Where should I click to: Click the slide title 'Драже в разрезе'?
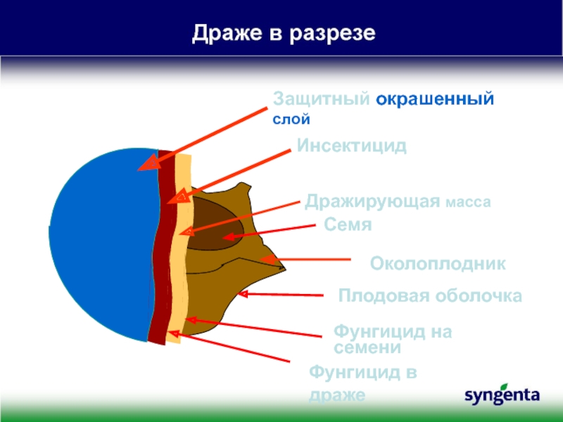(284, 34)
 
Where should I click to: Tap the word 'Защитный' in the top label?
(322, 98)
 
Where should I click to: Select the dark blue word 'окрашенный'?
(435, 99)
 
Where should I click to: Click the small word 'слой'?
(291, 119)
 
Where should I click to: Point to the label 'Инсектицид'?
(351, 146)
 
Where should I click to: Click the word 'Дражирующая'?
(372, 202)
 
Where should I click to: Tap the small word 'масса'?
(468, 203)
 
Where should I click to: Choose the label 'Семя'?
(348, 224)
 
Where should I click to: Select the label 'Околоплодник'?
(438, 263)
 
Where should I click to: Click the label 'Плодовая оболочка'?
(430, 296)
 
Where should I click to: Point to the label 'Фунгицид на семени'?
(393, 339)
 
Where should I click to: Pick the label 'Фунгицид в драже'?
(362, 383)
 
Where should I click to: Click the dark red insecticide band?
(163, 248)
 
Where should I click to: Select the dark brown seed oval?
(215, 224)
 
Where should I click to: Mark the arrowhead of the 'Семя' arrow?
(228, 236)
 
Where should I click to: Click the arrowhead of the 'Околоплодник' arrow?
(267, 259)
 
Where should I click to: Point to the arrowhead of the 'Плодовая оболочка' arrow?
(243, 294)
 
